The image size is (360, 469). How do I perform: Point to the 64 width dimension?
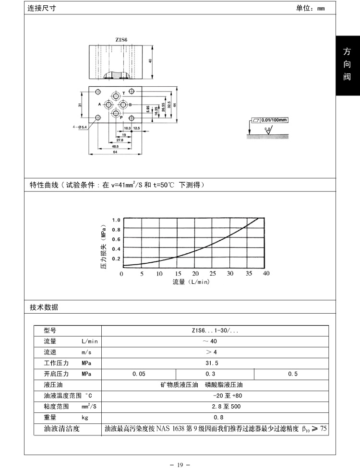tap(115, 152)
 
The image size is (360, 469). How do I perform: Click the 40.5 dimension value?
tap(115, 146)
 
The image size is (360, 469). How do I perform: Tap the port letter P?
tap(121, 117)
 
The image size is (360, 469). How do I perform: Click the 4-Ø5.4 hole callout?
tap(80, 127)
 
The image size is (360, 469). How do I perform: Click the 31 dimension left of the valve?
tap(80, 105)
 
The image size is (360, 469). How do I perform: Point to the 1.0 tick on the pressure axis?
tap(116, 220)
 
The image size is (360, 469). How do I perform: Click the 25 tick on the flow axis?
tap(213, 273)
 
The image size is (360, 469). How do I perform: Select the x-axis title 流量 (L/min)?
tap(191, 282)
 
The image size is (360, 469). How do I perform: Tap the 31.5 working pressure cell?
tap(215, 363)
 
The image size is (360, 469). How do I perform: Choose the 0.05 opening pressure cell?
tap(139, 374)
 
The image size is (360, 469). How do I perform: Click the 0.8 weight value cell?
tap(215, 417)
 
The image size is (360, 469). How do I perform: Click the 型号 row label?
tap(50, 330)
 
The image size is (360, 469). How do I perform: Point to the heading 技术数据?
tap(44, 307)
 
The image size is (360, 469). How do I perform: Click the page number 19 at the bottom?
tap(180, 464)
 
